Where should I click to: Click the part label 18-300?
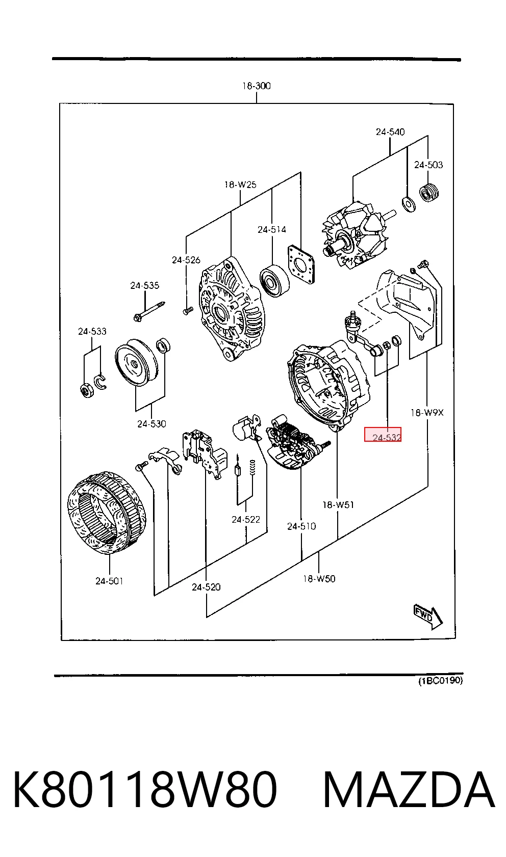point(256,86)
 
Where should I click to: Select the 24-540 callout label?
point(390,132)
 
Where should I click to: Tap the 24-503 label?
point(428,165)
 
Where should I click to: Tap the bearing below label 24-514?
point(274,280)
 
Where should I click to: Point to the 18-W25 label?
point(240,185)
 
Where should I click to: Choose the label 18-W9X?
point(427,413)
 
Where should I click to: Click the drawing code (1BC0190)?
point(441,681)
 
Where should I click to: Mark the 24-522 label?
point(246,520)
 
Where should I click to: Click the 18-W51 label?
point(338,505)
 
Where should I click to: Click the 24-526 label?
point(186,260)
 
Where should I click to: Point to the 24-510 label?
point(301,526)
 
